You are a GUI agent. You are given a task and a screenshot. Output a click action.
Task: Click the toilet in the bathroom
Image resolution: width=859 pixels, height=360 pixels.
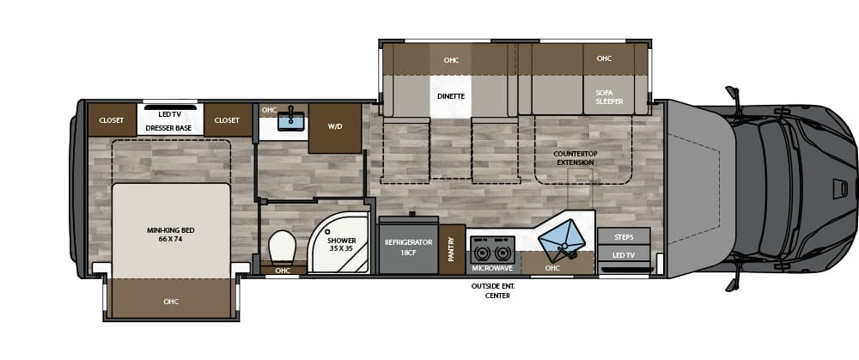point(283,248)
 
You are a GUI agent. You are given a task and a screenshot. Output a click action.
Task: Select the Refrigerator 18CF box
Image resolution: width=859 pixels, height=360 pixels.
point(408,247)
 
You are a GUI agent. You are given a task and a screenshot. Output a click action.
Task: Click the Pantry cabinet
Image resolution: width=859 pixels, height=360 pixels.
point(452,249)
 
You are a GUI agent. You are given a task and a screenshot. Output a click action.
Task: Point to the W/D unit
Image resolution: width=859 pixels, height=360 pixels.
point(335,126)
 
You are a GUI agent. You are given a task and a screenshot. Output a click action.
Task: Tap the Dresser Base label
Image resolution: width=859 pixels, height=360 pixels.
point(168,128)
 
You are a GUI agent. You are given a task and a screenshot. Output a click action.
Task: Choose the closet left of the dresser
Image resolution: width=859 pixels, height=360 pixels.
point(112,120)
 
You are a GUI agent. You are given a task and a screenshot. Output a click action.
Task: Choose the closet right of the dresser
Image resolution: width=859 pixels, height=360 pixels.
point(227,120)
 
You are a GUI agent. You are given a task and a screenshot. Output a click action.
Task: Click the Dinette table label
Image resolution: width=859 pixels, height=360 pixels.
point(450,96)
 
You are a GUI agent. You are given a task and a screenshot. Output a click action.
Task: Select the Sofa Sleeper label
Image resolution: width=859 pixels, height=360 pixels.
point(610,96)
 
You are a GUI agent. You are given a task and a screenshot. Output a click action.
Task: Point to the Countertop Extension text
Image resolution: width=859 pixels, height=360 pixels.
point(575,158)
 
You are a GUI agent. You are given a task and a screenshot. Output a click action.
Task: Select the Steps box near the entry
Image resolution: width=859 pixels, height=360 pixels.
point(624,236)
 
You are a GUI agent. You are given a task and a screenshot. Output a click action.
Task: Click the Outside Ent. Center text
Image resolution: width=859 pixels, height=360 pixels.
point(490,290)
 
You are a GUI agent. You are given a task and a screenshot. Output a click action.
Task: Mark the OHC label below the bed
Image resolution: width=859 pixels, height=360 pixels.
point(171,302)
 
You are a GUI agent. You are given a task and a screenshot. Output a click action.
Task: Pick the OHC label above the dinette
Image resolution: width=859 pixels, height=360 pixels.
point(451,60)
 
